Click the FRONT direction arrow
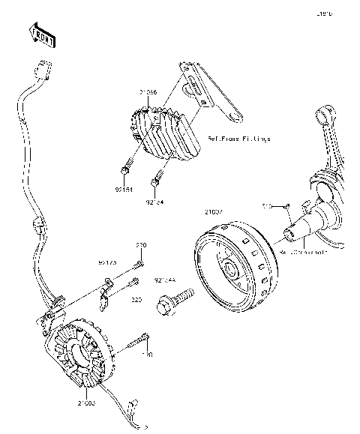tap(40, 34)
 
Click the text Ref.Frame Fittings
tap(238, 139)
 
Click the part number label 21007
tap(214, 211)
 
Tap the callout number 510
tap(266, 203)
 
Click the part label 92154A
tap(165, 280)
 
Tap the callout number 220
tap(140, 246)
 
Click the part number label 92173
tap(107, 263)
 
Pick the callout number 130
tap(147, 353)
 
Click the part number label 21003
tap(85, 403)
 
